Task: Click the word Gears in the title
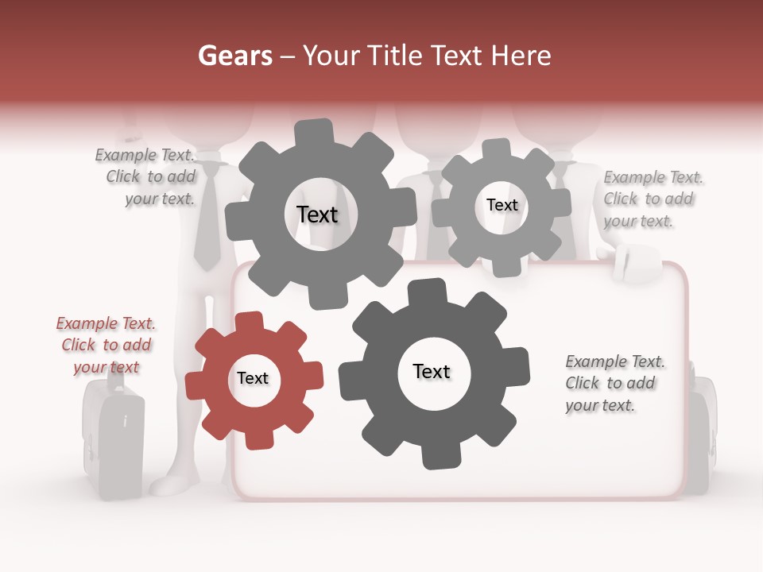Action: pos(235,56)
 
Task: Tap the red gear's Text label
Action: pos(253,378)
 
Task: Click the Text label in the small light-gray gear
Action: pos(502,205)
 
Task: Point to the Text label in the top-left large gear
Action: pos(317,214)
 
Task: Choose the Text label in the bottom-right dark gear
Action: pos(432,371)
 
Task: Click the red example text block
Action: pos(106,345)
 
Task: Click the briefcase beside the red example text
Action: pos(113,437)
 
